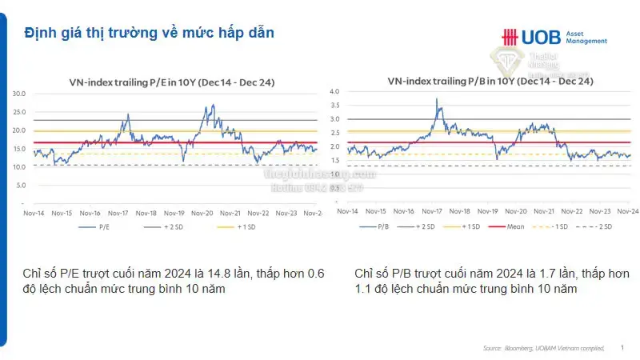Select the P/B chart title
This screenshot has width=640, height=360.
tap(490, 81)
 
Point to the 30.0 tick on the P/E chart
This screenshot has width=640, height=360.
tap(19, 94)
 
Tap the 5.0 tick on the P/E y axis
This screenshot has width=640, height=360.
tap(21, 185)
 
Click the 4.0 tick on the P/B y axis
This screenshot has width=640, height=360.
tap(335, 92)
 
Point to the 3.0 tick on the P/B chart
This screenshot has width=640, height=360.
tap(335, 119)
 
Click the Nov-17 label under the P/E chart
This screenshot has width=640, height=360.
tap(118, 214)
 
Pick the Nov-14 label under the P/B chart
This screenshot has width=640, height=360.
tap(347, 211)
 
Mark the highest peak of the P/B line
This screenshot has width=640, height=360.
tap(437, 99)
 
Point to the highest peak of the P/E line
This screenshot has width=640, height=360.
tap(212, 105)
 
